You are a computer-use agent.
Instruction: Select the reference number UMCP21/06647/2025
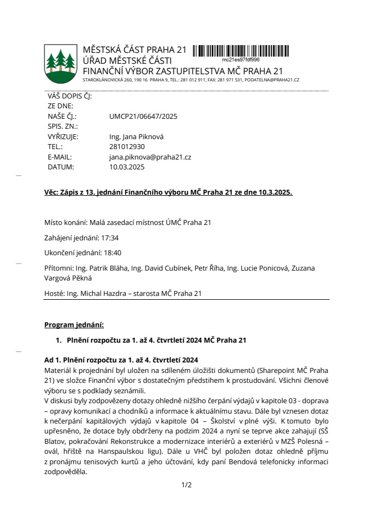coord(143,117)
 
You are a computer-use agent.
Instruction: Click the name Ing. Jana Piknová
coord(137,137)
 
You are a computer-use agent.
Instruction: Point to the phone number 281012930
coord(127,147)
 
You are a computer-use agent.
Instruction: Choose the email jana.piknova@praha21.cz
coord(150,157)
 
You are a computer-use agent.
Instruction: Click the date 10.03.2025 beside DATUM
coord(127,167)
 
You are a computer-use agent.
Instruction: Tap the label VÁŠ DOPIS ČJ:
coord(70,96)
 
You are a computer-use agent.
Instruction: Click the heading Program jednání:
coord(74,324)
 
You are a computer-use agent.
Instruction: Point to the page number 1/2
coord(186,485)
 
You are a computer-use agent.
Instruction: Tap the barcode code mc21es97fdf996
coord(241,59)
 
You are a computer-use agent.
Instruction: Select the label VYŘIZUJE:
coord(63,137)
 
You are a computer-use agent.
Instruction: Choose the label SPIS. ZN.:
coord(63,127)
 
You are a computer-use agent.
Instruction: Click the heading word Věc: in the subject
coord(52,193)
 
